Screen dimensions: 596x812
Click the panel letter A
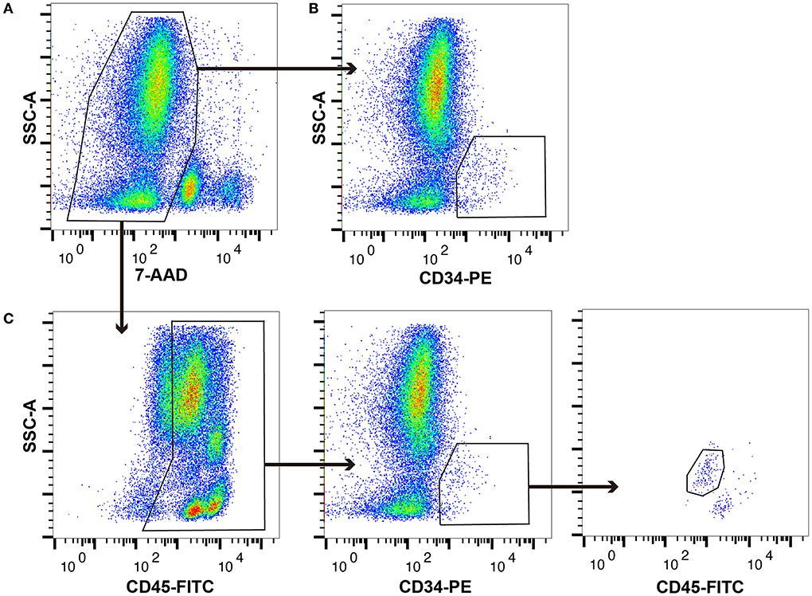click(7, 9)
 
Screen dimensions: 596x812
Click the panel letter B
click(314, 9)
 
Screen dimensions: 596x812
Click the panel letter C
click(9, 319)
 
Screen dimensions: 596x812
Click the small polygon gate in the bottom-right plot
click(705, 472)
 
